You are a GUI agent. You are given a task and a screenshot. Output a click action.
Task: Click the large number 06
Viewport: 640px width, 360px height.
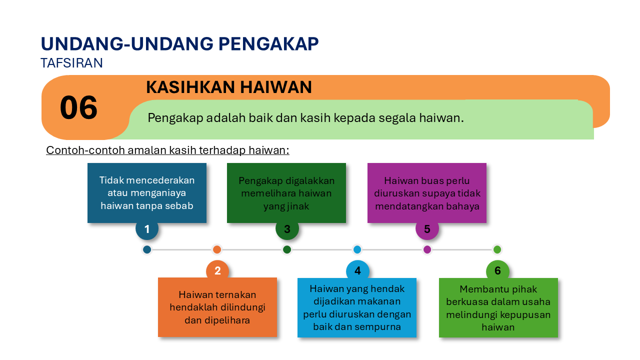point(78,108)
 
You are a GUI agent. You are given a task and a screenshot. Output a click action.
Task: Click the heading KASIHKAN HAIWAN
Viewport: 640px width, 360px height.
point(228,87)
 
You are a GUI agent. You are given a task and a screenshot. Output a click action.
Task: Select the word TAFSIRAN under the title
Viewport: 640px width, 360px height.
point(71,63)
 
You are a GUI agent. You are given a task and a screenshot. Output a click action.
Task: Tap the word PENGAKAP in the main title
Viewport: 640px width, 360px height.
point(268,44)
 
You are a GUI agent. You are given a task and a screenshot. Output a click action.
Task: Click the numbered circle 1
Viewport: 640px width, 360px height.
point(147,229)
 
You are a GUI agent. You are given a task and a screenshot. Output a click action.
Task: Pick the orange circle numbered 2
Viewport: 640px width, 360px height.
point(217,271)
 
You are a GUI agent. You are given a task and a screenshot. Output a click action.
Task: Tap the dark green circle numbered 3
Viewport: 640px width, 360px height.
point(287,229)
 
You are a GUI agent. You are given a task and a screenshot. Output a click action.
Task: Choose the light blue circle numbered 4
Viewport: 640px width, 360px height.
point(357,271)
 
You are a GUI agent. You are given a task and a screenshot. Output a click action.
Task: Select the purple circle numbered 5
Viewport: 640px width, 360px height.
point(427,229)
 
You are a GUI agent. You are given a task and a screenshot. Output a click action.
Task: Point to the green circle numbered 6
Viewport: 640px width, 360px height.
point(497,271)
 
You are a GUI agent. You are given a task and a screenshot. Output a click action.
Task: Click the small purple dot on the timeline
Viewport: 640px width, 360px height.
point(427,249)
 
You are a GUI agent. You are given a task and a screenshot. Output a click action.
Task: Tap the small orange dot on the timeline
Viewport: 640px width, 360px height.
point(217,249)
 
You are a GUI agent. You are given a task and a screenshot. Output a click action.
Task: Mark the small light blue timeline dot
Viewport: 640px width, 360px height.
point(357,249)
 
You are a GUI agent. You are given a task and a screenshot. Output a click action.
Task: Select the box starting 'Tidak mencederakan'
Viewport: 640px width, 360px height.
point(147,193)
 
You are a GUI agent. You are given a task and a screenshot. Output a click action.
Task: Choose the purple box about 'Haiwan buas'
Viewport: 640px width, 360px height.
point(427,193)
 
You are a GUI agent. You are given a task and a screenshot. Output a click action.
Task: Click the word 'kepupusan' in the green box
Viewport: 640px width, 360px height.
point(525,315)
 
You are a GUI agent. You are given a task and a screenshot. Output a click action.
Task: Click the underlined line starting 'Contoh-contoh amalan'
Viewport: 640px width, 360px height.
point(167,150)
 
